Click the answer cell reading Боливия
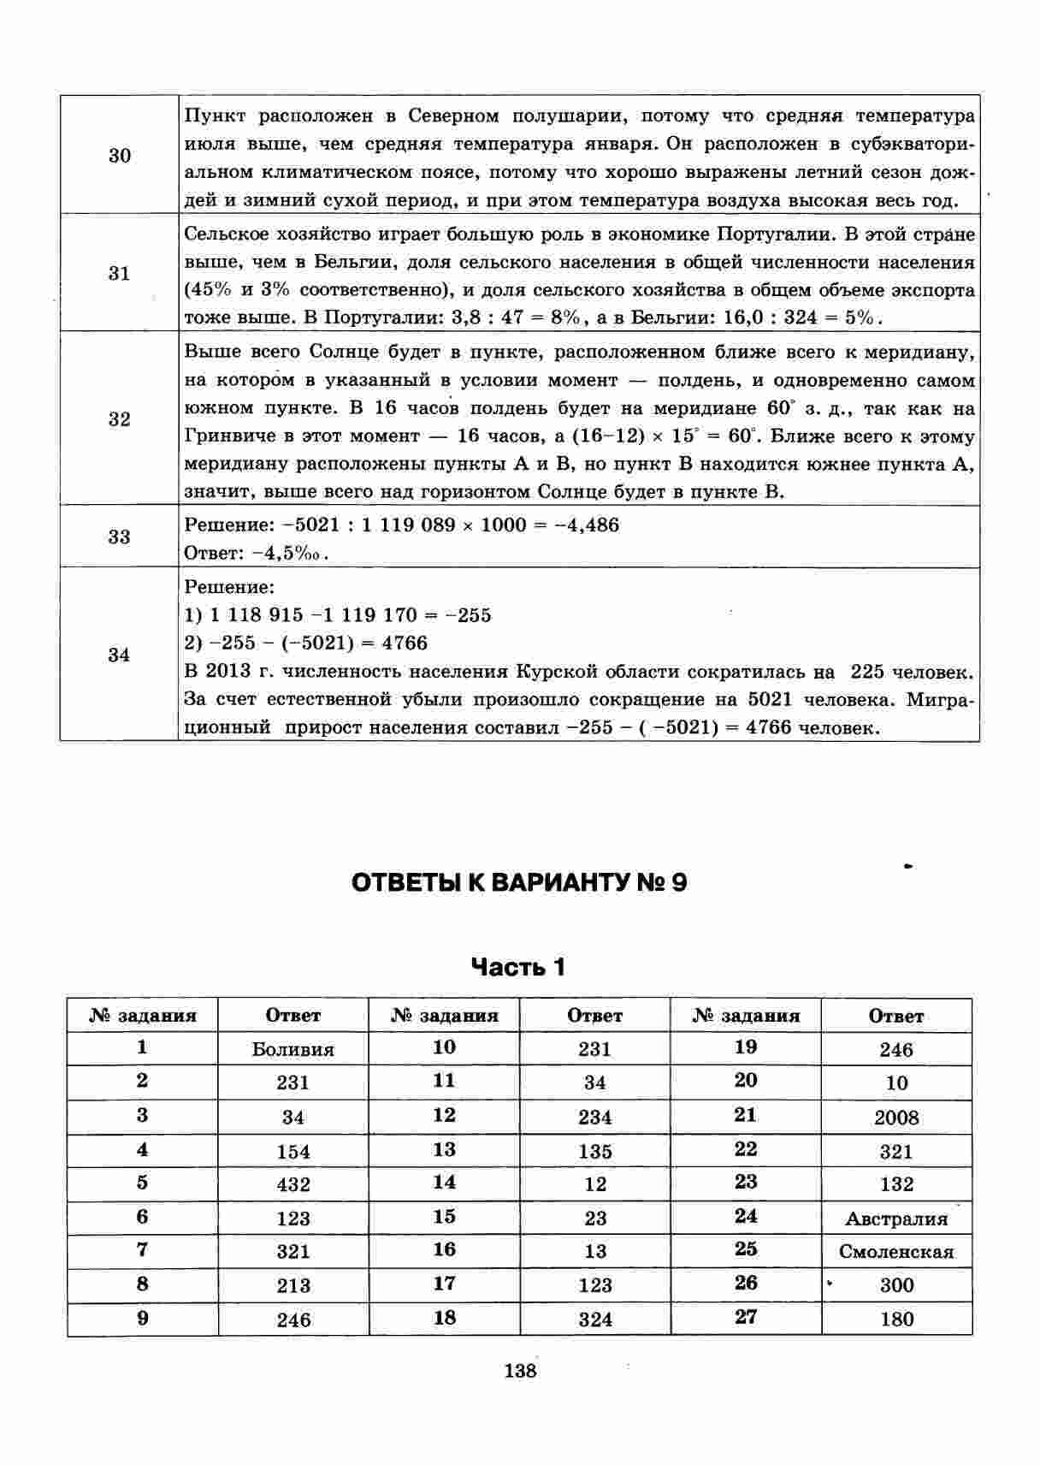click(x=292, y=1049)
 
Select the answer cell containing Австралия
click(x=896, y=1219)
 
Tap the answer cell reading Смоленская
click(x=896, y=1252)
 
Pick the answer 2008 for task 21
click(x=896, y=1118)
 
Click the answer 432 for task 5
click(x=292, y=1185)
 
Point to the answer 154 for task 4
click(x=292, y=1152)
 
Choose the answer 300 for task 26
click(x=896, y=1285)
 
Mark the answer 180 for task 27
click(x=896, y=1320)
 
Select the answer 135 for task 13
click(x=594, y=1152)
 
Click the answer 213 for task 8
click(x=292, y=1285)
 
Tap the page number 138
click(x=520, y=1371)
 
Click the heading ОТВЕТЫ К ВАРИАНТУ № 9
click(x=519, y=883)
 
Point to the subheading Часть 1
click(x=519, y=968)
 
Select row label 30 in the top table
click(x=120, y=156)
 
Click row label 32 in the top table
click(x=120, y=419)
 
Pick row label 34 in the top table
click(x=120, y=655)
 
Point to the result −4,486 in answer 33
click(x=587, y=525)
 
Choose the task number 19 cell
click(x=746, y=1047)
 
